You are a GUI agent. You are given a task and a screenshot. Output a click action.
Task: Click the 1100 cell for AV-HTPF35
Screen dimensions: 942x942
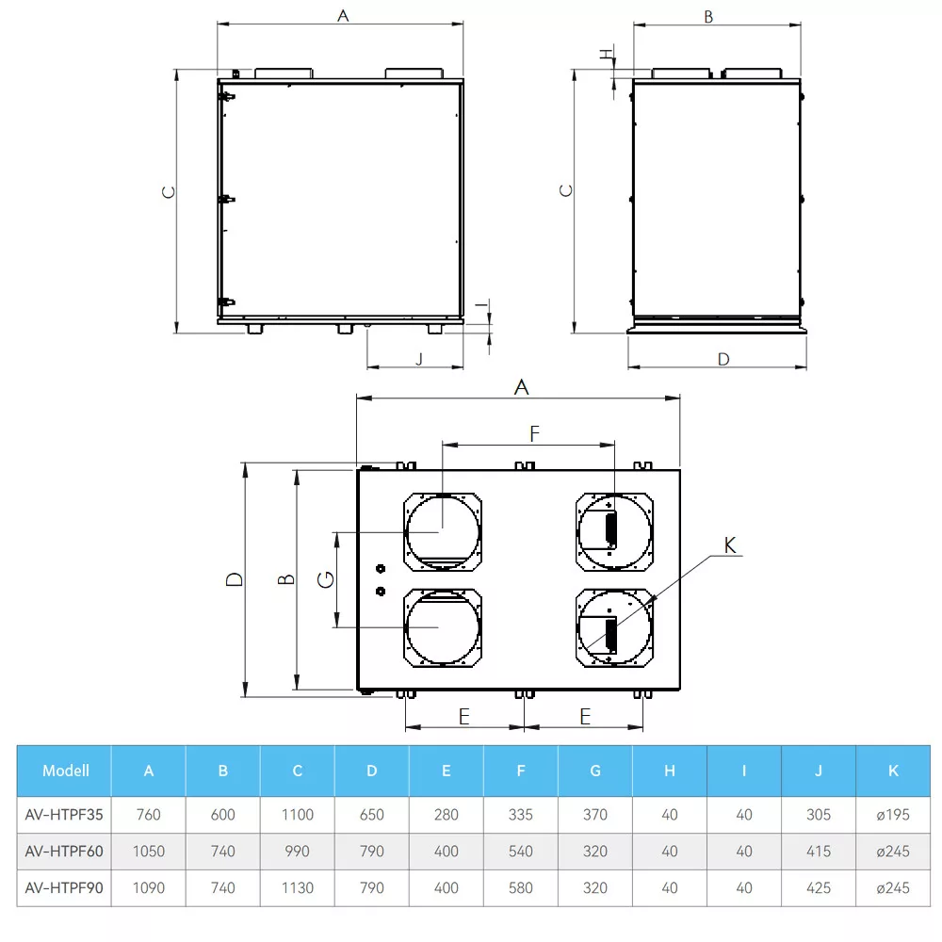[298, 815]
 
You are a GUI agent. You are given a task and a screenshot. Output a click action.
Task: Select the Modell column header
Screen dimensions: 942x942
[66, 771]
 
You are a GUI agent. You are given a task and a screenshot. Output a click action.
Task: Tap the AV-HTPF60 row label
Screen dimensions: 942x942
[64, 852]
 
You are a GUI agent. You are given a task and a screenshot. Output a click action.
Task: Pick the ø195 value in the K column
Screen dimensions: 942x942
[893, 815]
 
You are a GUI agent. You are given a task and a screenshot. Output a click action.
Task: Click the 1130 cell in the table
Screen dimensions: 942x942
[298, 888]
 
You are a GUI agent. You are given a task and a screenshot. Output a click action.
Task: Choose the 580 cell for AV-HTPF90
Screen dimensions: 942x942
[520, 888]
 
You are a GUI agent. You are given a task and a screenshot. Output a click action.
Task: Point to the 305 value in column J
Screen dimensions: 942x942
[819, 815]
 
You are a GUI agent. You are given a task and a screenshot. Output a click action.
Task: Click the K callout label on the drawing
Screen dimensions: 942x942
[730, 545]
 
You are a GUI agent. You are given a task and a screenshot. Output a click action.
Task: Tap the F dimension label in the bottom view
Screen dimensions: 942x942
[534, 433]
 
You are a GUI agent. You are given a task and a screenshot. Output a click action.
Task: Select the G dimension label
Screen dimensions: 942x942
[325, 579]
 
